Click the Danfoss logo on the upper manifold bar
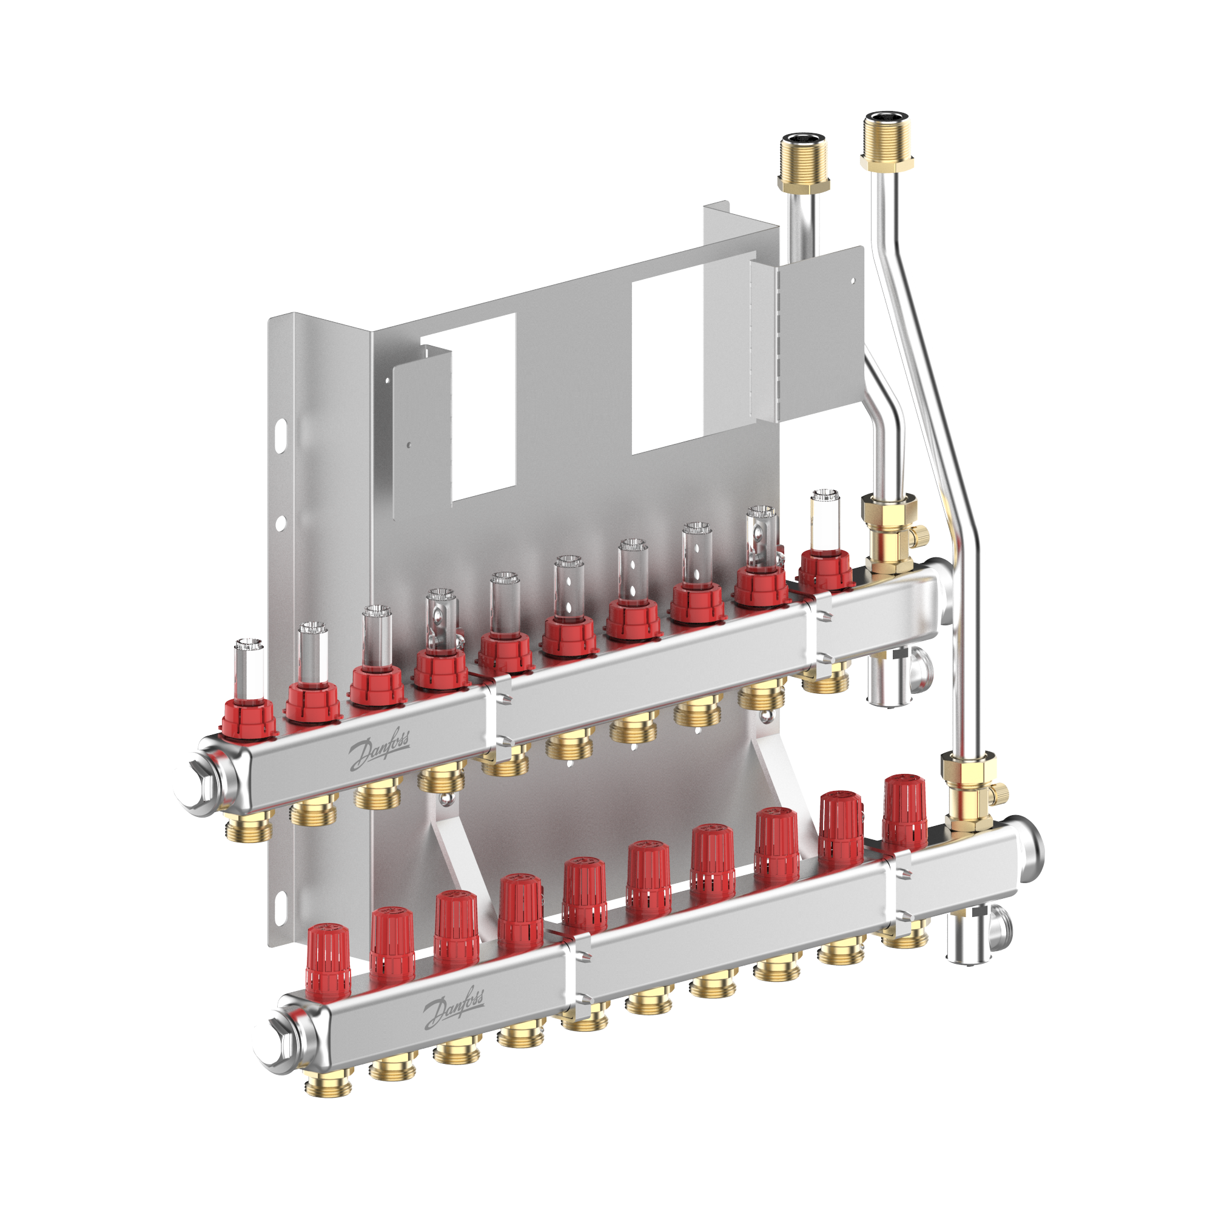[x=378, y=751]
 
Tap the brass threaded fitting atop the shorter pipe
[x=804, y=163]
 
